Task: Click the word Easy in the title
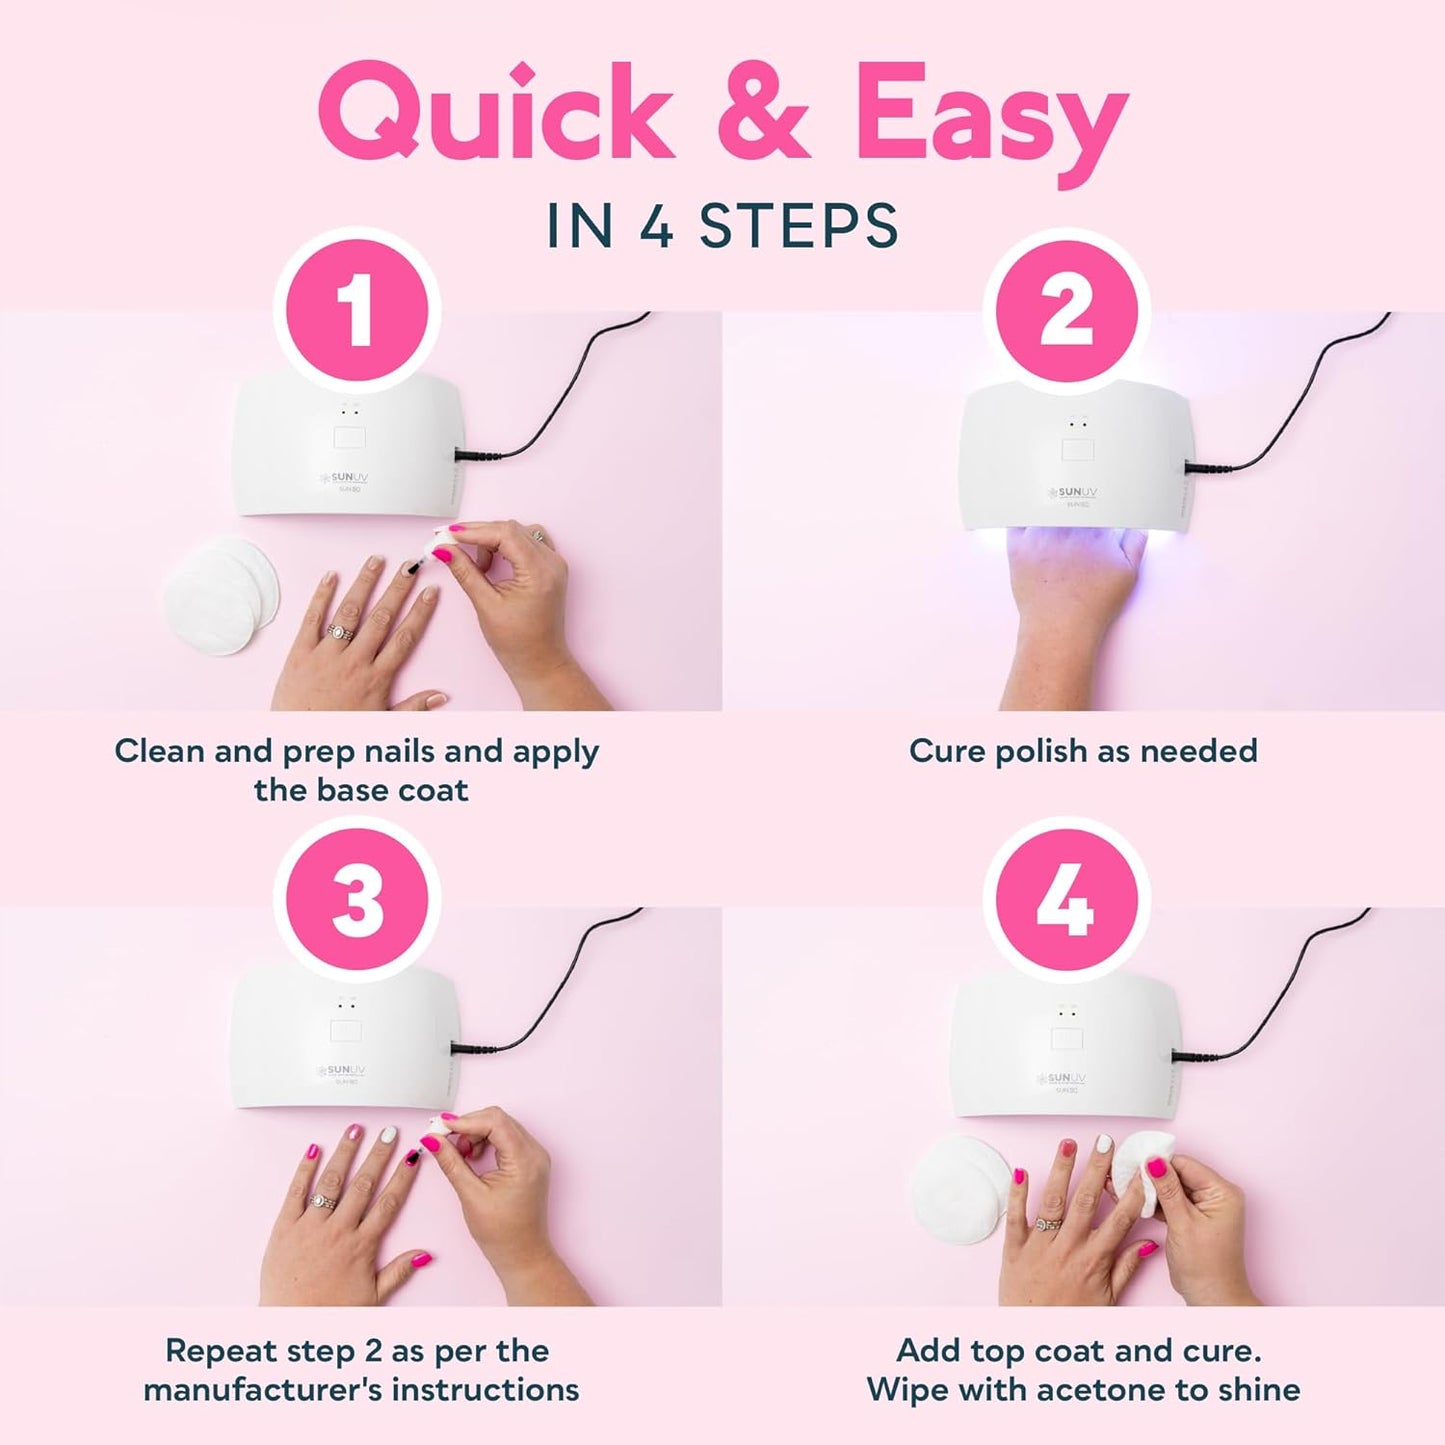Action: [990, 112]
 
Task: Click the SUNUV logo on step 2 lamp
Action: [1071, 493]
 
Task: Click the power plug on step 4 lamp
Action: [1190, 1055]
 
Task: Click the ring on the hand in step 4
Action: [1049, 1223]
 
